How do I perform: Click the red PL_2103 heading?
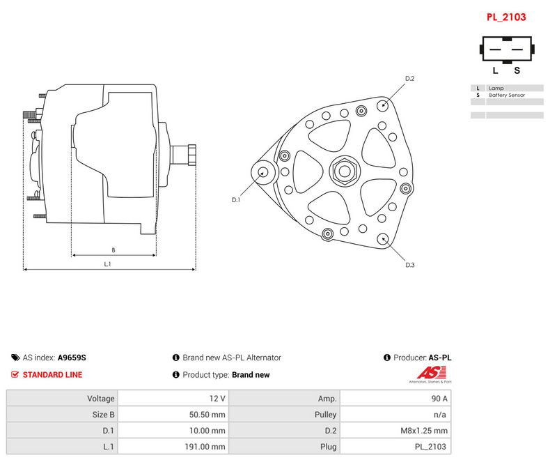pos(506,17)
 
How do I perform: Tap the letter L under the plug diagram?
pos(495,70)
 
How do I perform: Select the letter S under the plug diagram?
pos(517,70)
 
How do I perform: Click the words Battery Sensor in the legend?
pos(507,95)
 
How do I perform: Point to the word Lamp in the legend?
pos(496,88)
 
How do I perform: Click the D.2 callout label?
pos(409,78)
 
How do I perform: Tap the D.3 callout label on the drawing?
pos(409,265)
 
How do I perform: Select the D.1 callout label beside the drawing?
pos(235,200)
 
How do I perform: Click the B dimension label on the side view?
pos(113,250)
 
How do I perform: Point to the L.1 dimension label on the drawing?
pos(107,263)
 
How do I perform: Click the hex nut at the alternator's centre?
pos(345,171)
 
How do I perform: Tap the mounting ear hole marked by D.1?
pos(263,172)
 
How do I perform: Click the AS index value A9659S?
pos(72,358)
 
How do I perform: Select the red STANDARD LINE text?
pos(53,375)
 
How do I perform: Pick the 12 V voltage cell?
pos(217,399)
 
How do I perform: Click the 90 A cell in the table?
pos(439,399)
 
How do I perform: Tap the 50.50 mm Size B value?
pos(207,415)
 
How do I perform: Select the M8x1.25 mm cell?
pos(424,431)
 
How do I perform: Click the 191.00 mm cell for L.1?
pos(205,447)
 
